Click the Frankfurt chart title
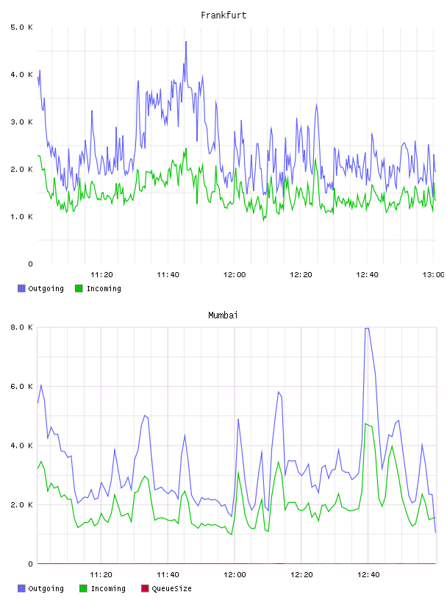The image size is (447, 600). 223,15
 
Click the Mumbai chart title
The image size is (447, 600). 223,315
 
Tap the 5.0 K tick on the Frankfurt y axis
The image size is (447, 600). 22,27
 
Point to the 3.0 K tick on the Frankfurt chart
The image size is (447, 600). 22,122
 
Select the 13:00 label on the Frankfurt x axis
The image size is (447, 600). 433,275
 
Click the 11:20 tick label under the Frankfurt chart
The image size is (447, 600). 101,275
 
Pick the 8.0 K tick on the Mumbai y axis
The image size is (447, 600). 22,327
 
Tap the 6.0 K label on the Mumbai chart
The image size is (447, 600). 22,387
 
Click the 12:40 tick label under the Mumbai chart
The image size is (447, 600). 368,575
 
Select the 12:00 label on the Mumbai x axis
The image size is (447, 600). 235,575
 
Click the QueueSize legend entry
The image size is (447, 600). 166,588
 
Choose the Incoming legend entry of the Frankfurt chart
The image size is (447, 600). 98,288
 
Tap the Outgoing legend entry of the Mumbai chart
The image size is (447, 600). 40,588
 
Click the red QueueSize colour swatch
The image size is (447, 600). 145,588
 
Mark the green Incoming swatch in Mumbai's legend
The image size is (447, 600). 83,588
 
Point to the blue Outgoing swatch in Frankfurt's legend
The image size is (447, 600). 21,288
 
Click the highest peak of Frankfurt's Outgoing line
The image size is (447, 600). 186,42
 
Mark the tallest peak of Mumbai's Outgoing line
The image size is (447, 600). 367,329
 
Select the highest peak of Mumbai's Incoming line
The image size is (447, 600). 366,424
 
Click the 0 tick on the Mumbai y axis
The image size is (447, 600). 31,564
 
